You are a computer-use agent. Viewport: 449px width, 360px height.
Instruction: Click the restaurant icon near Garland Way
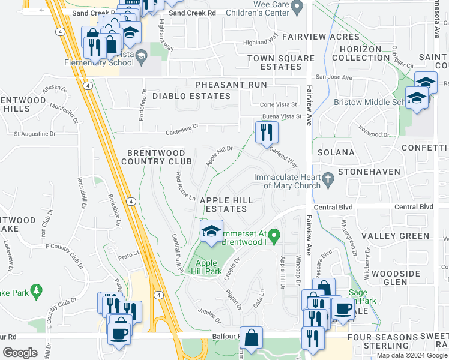click(267, 132)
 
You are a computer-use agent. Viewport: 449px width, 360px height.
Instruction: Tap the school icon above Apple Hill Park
click(211, 232)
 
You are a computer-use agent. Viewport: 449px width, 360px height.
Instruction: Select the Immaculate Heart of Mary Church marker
click(328, 178)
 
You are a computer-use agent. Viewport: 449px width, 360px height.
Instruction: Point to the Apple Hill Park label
click(206, 267)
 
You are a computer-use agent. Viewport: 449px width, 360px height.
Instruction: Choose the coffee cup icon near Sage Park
click(343, 309)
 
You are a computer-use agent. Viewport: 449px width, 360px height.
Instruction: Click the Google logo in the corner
click(20, 353)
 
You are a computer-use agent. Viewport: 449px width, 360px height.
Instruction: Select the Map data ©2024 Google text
click(412, 355)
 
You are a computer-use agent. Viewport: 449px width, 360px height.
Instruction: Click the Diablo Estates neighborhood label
click(191, 96)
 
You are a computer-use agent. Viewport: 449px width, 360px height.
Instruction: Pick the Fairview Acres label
click(312, 37)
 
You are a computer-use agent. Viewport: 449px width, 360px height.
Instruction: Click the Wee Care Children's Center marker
click(296, 8)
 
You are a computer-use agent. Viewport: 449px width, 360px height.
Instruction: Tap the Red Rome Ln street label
click(185, 187)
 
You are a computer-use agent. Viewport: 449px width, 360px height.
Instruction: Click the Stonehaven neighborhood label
click(369, 172)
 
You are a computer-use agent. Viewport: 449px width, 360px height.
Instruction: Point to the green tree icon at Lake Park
click(37, 292)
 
